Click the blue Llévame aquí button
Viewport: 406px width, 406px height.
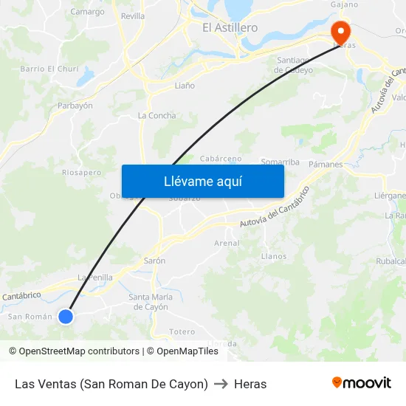(x=202, y=181)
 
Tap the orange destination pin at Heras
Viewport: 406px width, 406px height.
(x=340, y=32)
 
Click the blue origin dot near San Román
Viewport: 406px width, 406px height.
(x=66, y=316)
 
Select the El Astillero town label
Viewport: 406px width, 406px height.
(x=230, y=27)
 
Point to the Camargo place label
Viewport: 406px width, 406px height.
(x=87, y=12)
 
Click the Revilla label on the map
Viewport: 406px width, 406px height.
(x=133, y=16)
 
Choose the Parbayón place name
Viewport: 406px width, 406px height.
(x=75, y=106)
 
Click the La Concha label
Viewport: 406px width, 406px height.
(x=157, y=116)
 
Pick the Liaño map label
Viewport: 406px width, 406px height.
(x=185, y=86)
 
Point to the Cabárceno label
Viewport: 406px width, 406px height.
(x=221, y=159)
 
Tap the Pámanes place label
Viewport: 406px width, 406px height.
(x=326, y=164)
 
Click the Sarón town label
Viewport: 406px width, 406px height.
(x=154, y=261)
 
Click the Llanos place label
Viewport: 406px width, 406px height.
(x=274, y=256)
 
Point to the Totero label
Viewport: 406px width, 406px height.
(x=182, y=331)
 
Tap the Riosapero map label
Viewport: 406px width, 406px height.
(x=82, y=173)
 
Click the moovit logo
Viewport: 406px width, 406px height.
(x=361, y=383)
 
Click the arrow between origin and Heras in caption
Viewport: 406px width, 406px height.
(x=221, y=384)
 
